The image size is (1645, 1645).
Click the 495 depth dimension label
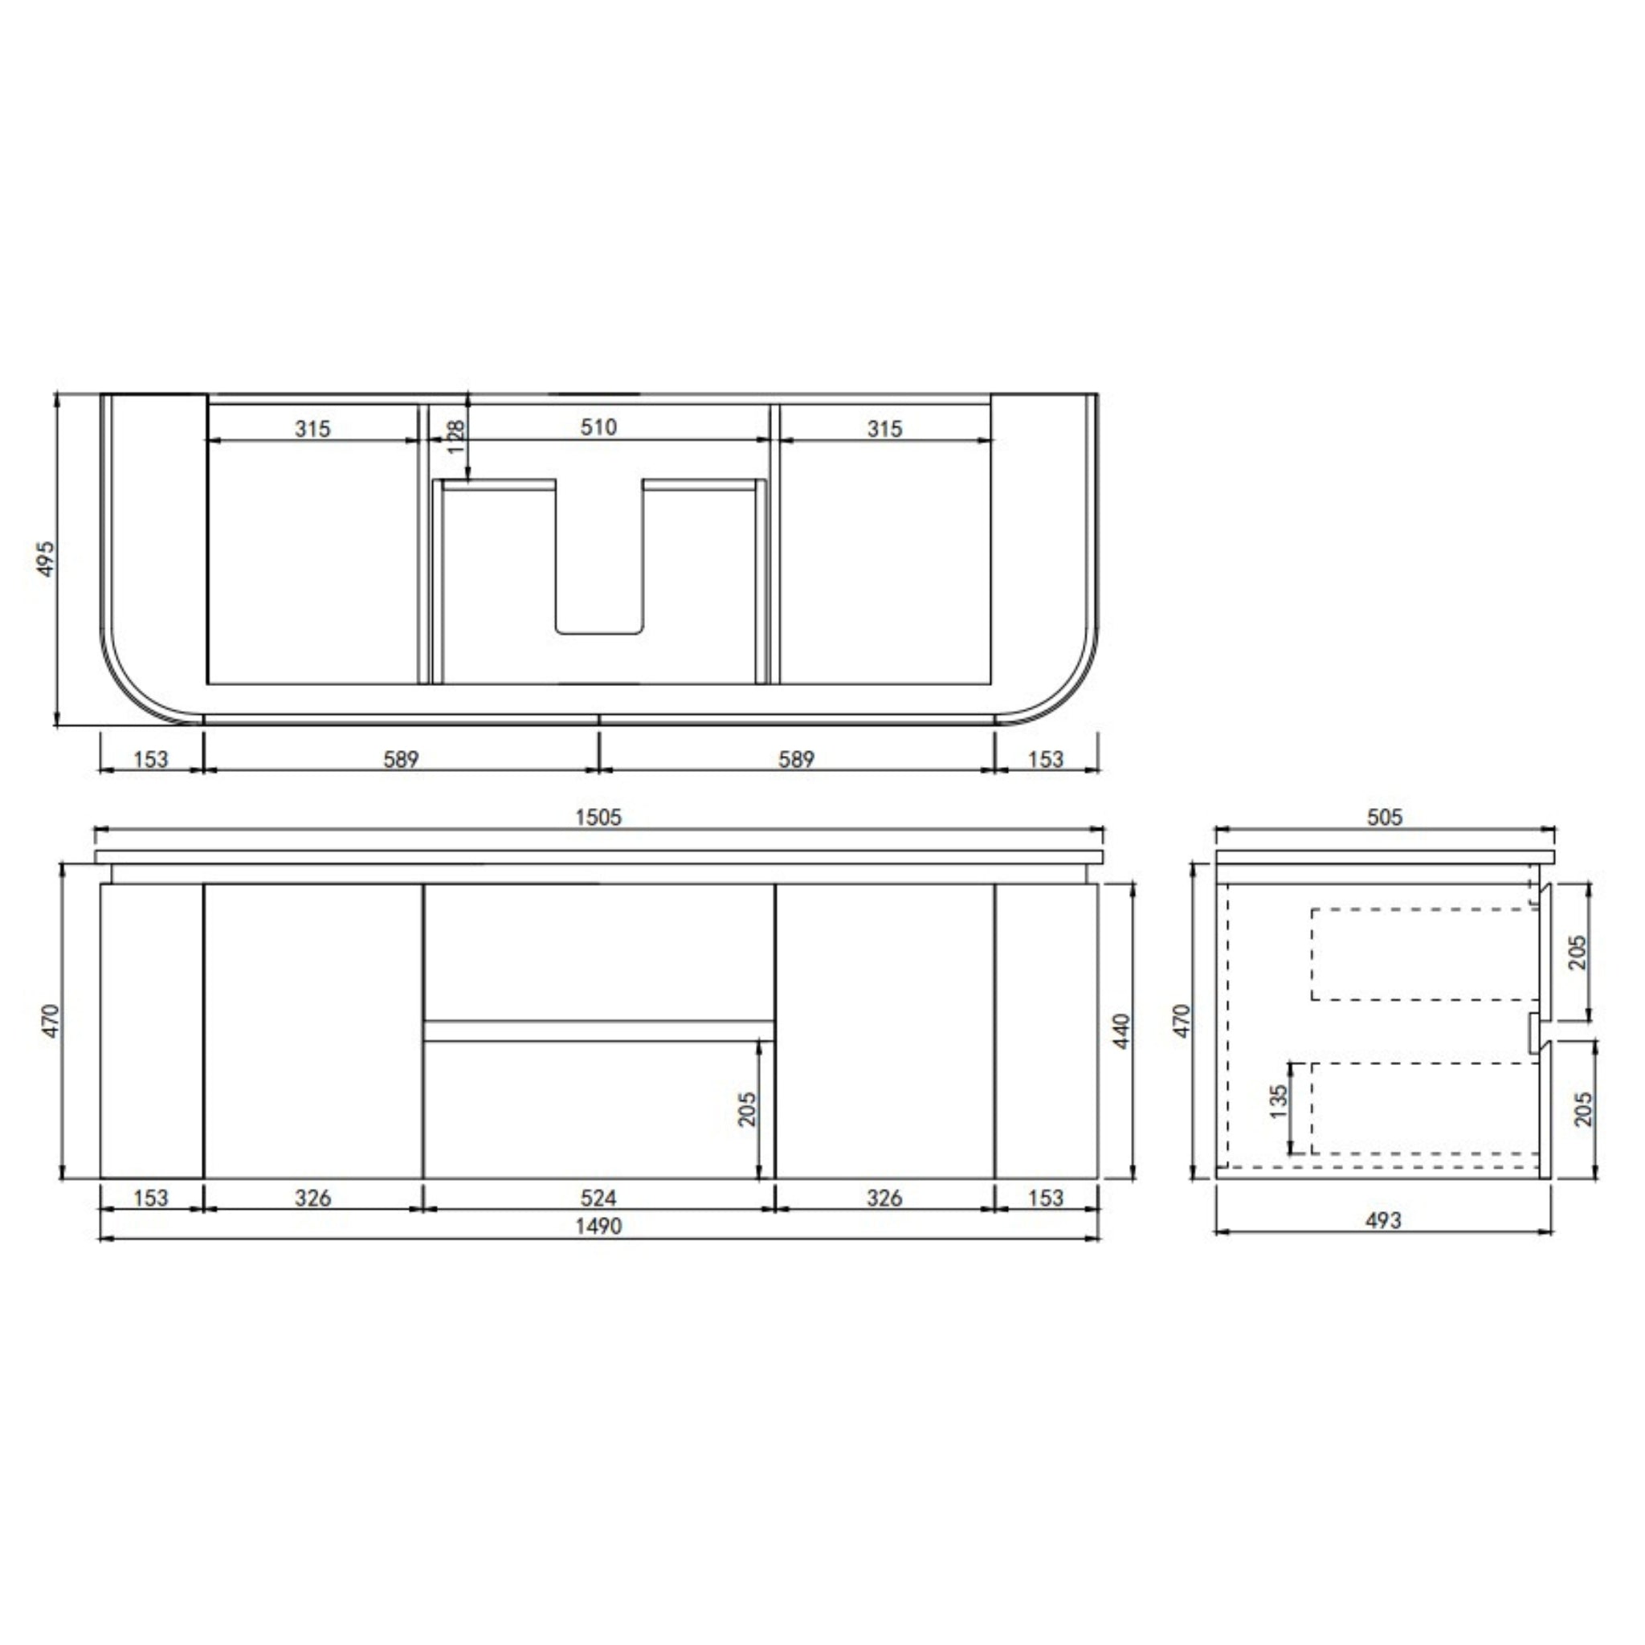tap(46, 557)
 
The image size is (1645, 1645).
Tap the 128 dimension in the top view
tap(455, 436)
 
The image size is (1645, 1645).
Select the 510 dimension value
tap(598, 427)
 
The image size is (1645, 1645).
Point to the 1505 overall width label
tap(598, 817)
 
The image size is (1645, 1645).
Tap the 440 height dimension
tap(1121, 1031)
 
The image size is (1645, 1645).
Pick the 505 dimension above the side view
tap(1385, 817)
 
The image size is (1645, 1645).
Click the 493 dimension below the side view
tap(1384, 1220)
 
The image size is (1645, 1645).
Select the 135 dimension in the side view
tap(1278, 1102)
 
